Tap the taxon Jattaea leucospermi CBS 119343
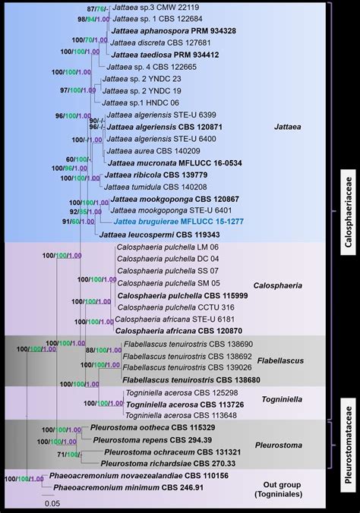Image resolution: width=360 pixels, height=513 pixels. tap(159, 236)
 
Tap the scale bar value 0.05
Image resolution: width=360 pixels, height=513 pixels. tap(52, 503)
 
